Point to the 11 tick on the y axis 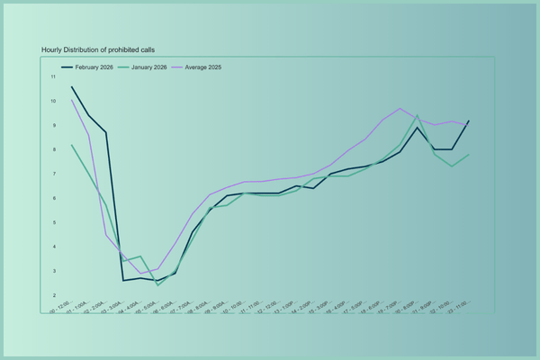pyautogui.click(x=53, y=77)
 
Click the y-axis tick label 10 pyautogui.click(x=53, y=102)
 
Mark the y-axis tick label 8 pyautogui.click(x=55, y=150)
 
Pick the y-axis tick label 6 pyautogui.click(x=55, y=198)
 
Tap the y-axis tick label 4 pyautogui.click(x=55, y=247)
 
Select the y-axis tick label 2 pyautogui.click(x=55, y=295)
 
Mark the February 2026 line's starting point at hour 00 pyautogui.click(x=72, y=86)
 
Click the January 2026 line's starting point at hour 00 pyautogui.click(x=72, y=145)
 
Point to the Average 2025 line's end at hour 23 pyautogui.click(x=469, y=125)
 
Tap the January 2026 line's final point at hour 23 pyautogui.click(x=469, y=155)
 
